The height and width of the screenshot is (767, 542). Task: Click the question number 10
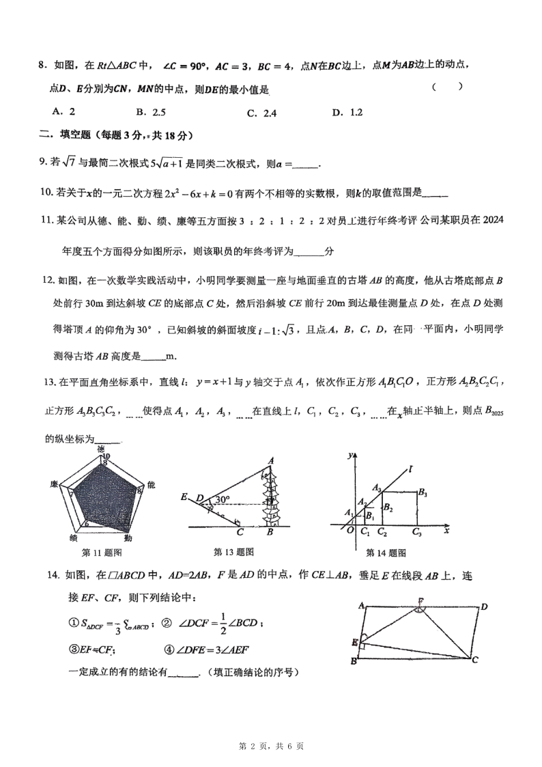point(45,193)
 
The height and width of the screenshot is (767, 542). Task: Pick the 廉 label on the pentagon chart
point(53,484)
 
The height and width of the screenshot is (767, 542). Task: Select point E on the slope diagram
point(184,497)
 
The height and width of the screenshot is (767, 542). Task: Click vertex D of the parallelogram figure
point(483,606)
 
